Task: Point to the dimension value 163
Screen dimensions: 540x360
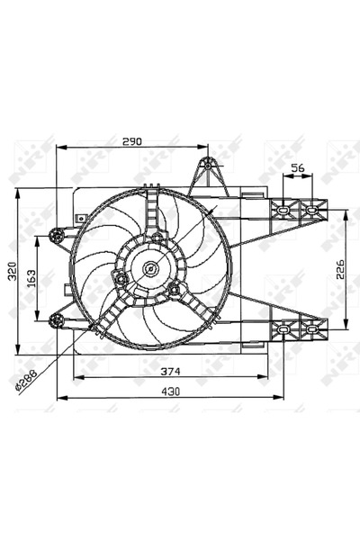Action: coord(30,278)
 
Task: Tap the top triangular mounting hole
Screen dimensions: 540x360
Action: coord(208,166)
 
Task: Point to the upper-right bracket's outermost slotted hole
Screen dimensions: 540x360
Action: coord(312,210)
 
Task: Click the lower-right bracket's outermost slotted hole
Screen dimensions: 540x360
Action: coord(312,330)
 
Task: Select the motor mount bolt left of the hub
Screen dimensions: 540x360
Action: coord(118,278)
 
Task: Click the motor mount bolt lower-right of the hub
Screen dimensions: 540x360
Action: coord(173,288)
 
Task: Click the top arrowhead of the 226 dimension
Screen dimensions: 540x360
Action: coord(346,212)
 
